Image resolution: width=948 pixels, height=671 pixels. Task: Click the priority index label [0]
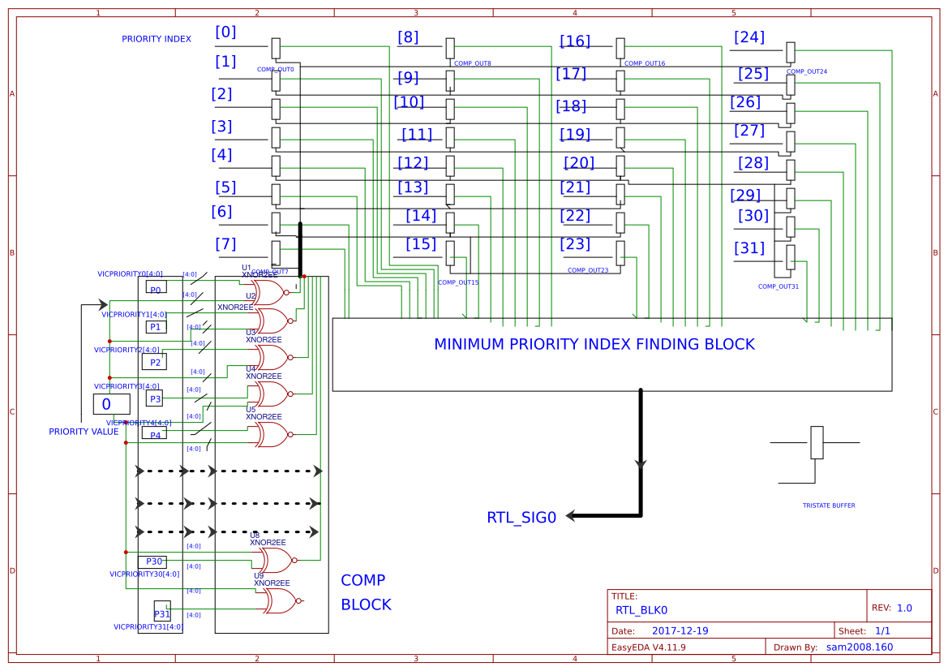point(225,32)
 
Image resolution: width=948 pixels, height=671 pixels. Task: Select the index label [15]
point(421,244)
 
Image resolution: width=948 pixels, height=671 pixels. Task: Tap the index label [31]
point(749,248)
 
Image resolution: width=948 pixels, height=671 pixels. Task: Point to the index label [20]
point(579,163)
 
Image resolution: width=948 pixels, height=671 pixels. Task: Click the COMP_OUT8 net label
point(472,63)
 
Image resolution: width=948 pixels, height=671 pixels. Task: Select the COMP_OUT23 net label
point(588,270)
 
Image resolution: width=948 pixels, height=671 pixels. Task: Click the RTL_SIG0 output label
point(521,518)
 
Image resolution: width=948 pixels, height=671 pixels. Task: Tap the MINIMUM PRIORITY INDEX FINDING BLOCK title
point(594,344)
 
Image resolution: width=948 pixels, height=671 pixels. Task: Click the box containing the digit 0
point(111,404)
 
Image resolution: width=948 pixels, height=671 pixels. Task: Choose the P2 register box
point(154,362)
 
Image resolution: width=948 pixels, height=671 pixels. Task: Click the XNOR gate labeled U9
point(278,600)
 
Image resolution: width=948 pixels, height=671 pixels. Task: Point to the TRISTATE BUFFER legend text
point(828,505)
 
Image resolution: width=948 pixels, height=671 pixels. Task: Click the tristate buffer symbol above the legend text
point(817,443)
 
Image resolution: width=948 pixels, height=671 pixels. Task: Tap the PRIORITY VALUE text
point(84,432)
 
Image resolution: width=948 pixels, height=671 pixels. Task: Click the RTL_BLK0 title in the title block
point(641,610)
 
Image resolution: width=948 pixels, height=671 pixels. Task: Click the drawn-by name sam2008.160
point(859,647)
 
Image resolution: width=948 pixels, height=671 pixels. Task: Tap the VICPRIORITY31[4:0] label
point(148,627)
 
